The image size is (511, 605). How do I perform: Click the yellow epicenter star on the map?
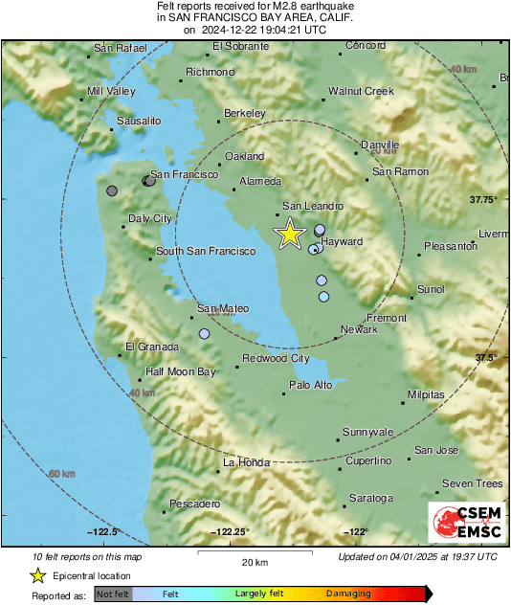(x=289, y=234)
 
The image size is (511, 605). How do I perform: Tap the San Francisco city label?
(x=185, y=175)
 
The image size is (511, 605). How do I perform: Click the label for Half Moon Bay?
(x=180, y=371)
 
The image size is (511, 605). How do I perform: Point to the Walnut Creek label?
(x=361, y=91)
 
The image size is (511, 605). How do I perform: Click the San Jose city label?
(x=436, y=450)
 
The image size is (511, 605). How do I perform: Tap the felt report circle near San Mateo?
(x=204, y=333)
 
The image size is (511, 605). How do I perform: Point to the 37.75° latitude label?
(x=483, y=199)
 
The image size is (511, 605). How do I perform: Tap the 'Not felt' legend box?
(x=112, y=594)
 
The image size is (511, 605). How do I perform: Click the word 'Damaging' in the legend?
(x=348, y=594)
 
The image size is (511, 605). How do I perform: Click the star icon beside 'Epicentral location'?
(x=37, y=575)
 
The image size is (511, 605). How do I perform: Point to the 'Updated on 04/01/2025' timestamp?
(x=417, y=556)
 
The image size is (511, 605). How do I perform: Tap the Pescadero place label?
(x=194, y=504)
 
